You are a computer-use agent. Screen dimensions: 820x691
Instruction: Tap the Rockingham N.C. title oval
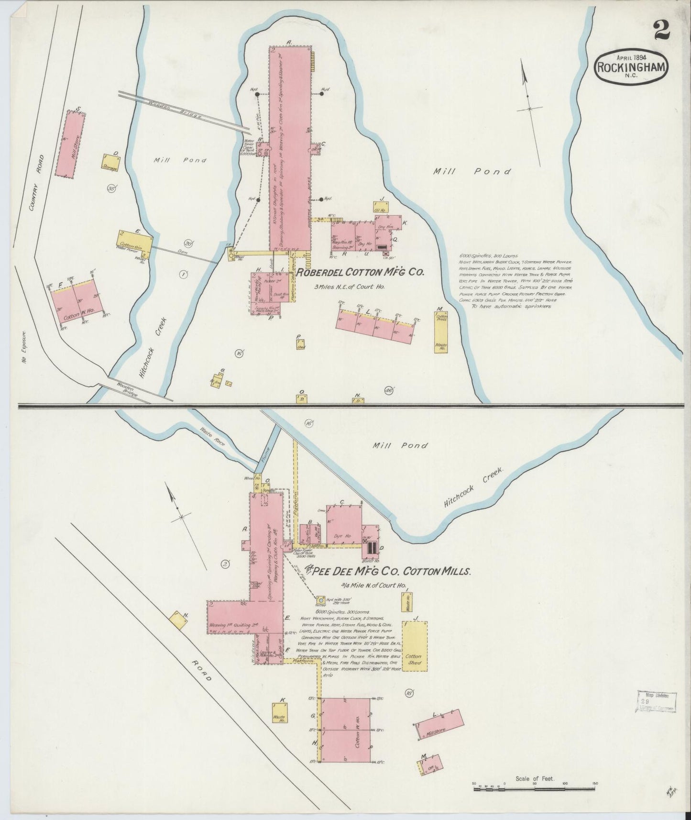pos(631,67)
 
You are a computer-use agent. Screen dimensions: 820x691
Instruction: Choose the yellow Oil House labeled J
pos(381,207)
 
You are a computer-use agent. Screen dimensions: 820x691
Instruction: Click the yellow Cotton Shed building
pos(414,646)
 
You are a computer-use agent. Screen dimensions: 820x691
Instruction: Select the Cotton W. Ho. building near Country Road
pos(77,303)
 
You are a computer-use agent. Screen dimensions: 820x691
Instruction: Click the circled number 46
pos(388,391)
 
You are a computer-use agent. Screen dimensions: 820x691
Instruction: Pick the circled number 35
pos(112,188)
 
